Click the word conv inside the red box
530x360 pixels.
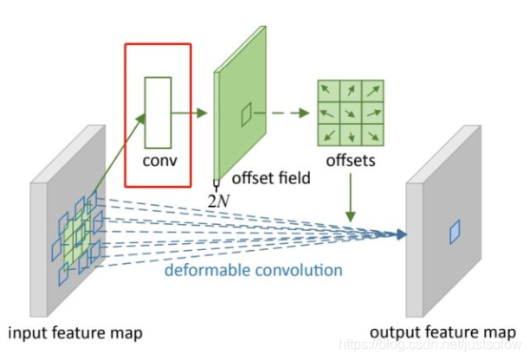(158, 162)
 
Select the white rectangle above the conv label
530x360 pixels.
(158, 112)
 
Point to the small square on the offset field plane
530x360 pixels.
(246, 112)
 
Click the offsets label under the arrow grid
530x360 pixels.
(351, 162)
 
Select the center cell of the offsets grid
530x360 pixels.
(350, 112)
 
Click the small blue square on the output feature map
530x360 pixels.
(455, 231)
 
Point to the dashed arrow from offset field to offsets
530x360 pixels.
(286, 112)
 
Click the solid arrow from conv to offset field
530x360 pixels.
(191, 112)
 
